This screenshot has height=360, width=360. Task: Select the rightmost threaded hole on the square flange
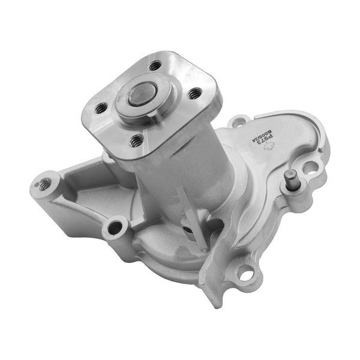pyautogui.click(x=193, y=94)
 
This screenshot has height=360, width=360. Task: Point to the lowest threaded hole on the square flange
pyautogui.click(x=137, y=140)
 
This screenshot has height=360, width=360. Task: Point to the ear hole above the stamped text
pyautogui.click(x=238, y=123)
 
